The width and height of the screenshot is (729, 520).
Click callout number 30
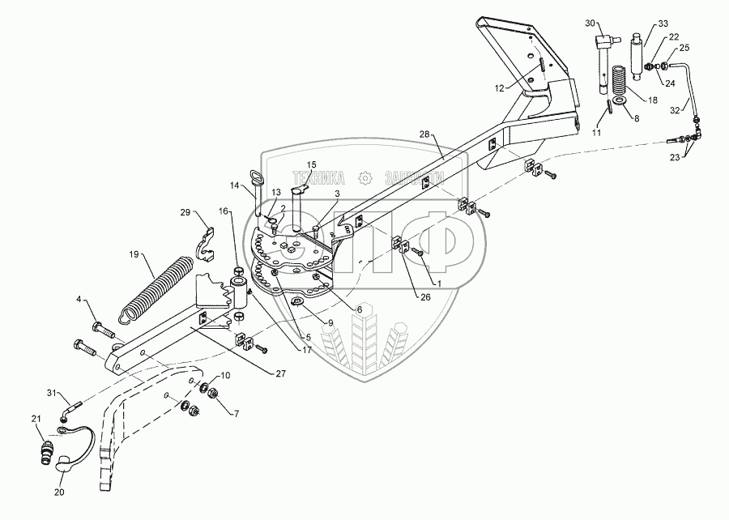589,23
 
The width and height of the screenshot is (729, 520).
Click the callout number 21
36,418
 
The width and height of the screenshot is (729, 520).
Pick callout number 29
186,213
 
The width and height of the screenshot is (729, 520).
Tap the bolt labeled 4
99,329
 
